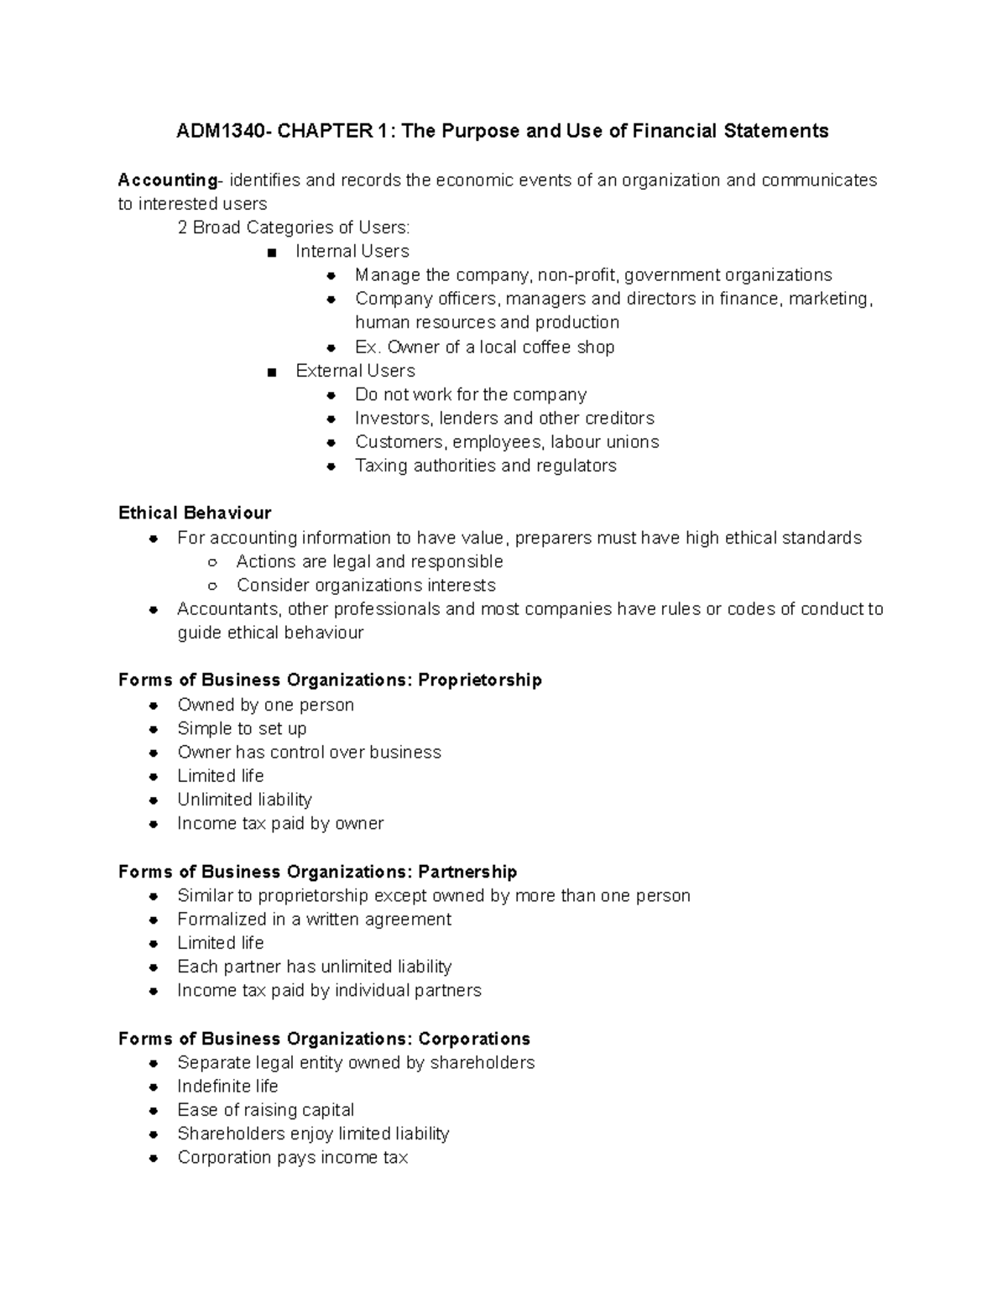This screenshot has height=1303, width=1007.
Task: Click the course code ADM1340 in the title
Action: click(x=220, y=131)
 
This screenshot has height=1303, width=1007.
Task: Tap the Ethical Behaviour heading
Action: click(x=195, y=513)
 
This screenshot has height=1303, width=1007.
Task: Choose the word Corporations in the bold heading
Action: click(x=474, y=1039)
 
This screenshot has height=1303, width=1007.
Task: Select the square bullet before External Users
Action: click(x=271, y=372)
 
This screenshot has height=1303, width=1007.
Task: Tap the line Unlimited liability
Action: click(x=244, y=800)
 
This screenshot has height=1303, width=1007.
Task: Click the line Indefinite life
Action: click(x=227, y=1087)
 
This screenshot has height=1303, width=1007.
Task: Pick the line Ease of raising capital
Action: click(x=265, y=1110)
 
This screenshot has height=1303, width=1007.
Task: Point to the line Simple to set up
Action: click(x=242, y=728)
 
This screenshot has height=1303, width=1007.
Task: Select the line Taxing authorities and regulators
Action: click(x=485, y=466)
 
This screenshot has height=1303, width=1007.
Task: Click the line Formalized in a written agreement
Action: click(x=314, y=920)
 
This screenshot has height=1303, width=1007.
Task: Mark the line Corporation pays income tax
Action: click(x=292, y=1158)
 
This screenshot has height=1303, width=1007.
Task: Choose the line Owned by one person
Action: click(x=265, y=705)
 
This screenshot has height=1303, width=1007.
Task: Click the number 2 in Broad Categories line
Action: click(x=182, y=227)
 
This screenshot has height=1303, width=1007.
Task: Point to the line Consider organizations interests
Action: click(x=366, y=586)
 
